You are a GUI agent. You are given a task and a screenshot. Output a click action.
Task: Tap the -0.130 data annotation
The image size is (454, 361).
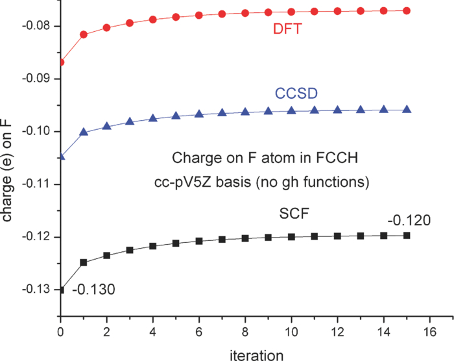coord(95,289)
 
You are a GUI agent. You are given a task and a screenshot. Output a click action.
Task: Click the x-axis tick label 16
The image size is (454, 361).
coord(430,330)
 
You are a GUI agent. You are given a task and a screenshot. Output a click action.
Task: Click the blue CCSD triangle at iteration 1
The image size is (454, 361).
coord(84,132)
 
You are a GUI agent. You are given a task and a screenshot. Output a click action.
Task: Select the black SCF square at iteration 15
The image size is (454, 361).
coord(407,235)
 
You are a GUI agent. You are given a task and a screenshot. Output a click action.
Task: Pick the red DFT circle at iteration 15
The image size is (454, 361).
coord(407,10)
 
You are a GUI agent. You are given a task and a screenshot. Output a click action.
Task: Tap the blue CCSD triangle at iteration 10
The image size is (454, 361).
coord(291,111)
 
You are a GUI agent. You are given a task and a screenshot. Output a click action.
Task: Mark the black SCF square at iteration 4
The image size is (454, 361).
coord(153,246)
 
